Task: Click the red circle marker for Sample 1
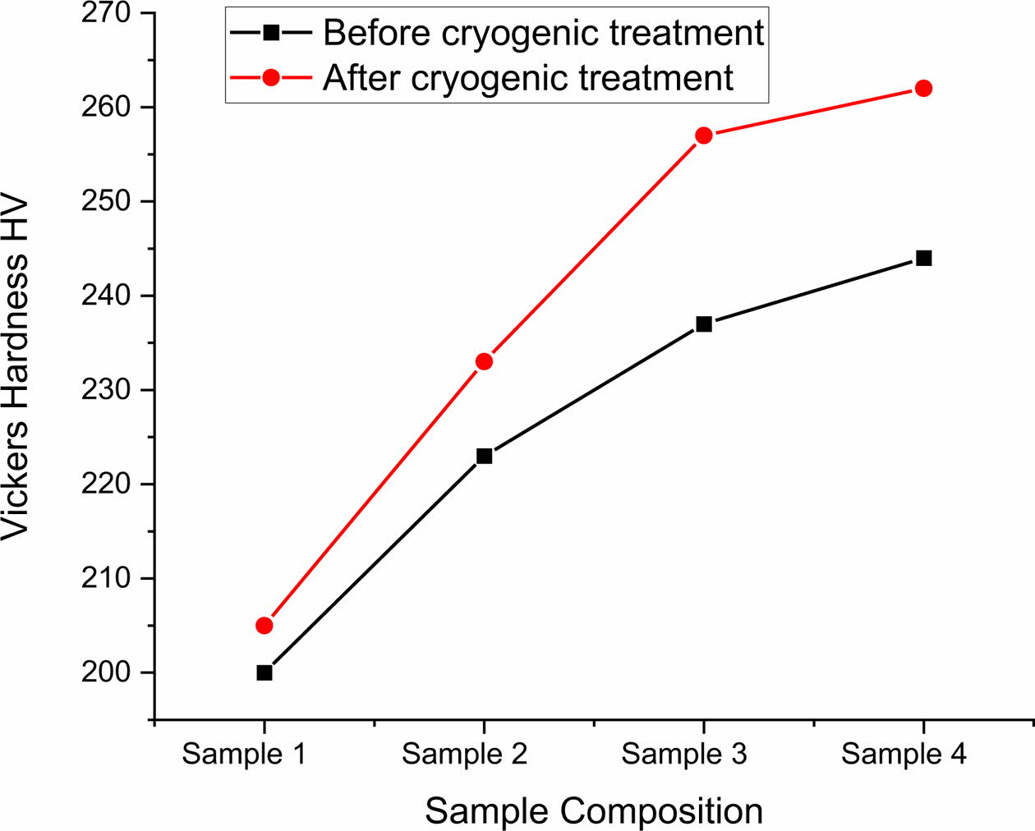click(x=264, y=626)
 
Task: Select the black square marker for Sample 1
click(x=264, y=673)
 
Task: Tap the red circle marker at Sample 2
click(x=484, y=361)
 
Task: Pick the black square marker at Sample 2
click(x=484, y=456)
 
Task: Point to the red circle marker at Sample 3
click(x=704, y=135)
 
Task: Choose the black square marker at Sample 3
click(x=704, y=324)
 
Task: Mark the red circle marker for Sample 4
click(x=923, y=88)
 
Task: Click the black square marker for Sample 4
click(x=923, y=258)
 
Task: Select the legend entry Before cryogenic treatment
click(x=543, y=33)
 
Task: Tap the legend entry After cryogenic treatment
click(x=527, y=78)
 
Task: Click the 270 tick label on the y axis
click(x=107, y=14)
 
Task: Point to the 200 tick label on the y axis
click(x=107, y=673)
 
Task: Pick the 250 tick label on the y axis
click(x=107, y=202)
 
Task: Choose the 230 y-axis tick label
click(x=107, y=390)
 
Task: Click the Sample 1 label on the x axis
click(x=244, y=754)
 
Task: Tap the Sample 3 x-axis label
click(x=684, y=754)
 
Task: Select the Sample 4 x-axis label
click(x=904, y=754)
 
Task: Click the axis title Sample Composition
click(x=594, y=811)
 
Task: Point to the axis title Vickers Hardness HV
click(x=16, y=367)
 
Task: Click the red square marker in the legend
click(x=271, y=78)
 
